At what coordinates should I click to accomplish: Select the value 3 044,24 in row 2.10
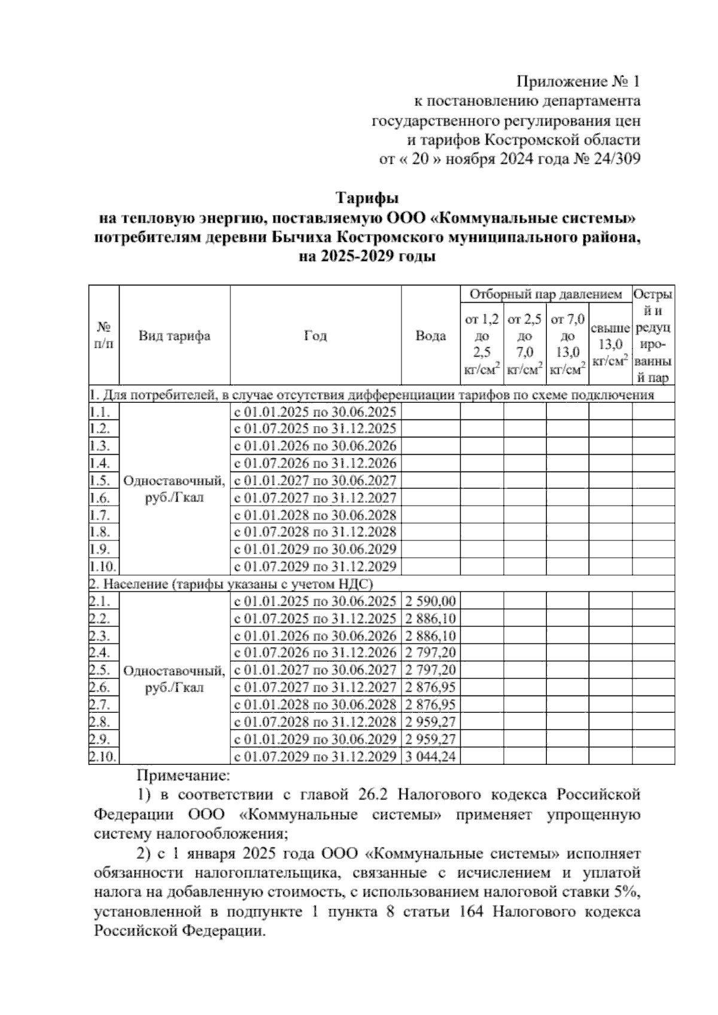430,757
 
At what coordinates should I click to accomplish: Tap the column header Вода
430,336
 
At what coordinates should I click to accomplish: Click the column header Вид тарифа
174,336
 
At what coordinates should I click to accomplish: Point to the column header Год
315,336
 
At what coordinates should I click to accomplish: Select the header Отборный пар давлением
546,294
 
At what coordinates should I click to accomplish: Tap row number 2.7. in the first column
100,705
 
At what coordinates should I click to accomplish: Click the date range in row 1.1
315,412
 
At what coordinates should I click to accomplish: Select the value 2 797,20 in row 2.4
430,653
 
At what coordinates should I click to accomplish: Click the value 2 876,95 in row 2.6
430,688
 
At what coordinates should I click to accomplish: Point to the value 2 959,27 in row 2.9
430,740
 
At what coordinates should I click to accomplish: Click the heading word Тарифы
367,198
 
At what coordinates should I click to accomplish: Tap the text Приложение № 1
578,81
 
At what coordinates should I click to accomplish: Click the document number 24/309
616,159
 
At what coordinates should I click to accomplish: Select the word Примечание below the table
183,777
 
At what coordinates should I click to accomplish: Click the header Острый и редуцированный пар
653,336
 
